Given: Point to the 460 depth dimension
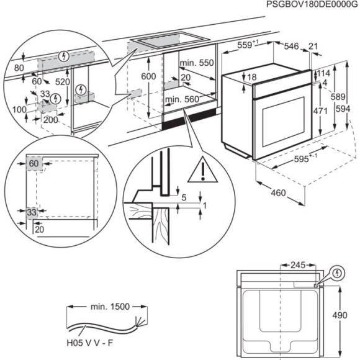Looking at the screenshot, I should point(279,193).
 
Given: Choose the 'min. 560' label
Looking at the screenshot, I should point(181,99).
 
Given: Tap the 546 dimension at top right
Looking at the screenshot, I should point(290,45).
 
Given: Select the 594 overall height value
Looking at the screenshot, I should point(354,109).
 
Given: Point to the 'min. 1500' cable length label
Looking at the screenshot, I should point(106,305).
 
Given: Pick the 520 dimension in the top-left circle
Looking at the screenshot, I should point(62,81).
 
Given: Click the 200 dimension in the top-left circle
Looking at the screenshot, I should point(50,120).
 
